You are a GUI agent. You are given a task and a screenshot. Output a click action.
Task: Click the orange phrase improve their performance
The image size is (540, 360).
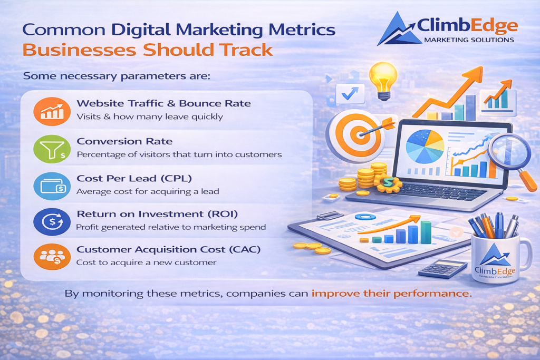pos(390,293)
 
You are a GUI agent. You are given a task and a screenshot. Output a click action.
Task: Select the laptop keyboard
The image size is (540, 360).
pos(422,189)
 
